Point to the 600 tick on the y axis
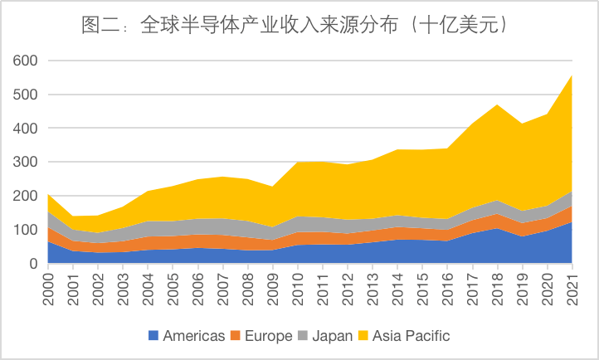pyautogui.click(x=24, y=61)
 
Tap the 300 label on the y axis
pyautogui.click(x=24, y=163)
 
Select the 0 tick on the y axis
pyautogui.click(x=32, y=264)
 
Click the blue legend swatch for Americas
pyautogui.click(x=153, y=336)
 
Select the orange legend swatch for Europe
pyautogui.click(x=236, y=336)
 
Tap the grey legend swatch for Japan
pyautogui.click(x=303, y=336)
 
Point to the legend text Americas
pyautogui.click(x=194, y=336)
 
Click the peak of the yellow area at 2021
pyautogui.click(x=572, y=75)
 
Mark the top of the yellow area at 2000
pyautogui.click(x=48, y=194)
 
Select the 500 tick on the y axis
pyautogui.click(x=24, y=95)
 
